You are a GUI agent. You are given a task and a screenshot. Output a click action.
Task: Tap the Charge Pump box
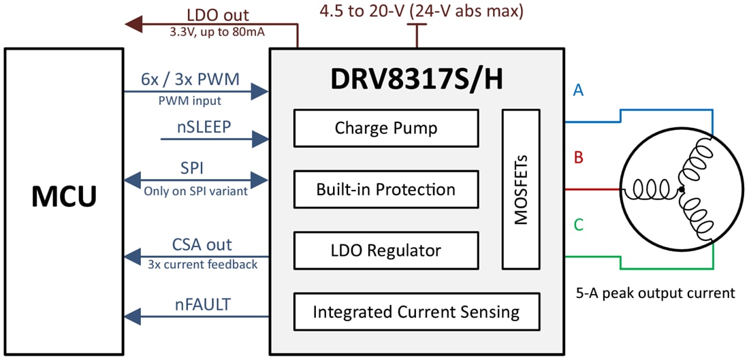pyautogui.click(x=385, y=128)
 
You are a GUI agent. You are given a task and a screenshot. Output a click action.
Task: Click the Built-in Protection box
pyautogui.click(x=385, y=189)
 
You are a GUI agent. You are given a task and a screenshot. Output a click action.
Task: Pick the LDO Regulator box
pyautogui.click(x=385, y=250)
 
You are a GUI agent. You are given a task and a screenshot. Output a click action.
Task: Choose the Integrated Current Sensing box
pyautogui.click(x=416, y=312)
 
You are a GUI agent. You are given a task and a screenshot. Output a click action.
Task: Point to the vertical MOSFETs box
pyautogui.click(x=521, y=189)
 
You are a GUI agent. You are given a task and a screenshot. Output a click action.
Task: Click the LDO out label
pyautogui.click(x=217, y=14)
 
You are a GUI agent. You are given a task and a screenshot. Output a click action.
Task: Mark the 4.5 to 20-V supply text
pyautogui.click(x=421, y=12)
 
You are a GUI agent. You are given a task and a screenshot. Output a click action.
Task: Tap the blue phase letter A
pyautogui.click(x=578, y=91)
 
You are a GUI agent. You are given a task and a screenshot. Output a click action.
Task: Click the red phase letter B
pyautogui.click(x=578, y=158)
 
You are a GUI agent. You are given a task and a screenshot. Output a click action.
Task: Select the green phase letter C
pyautogui.click(x=578, y=225)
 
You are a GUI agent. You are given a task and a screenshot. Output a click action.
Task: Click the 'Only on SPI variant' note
pyautogui.click(x=195, y=192)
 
